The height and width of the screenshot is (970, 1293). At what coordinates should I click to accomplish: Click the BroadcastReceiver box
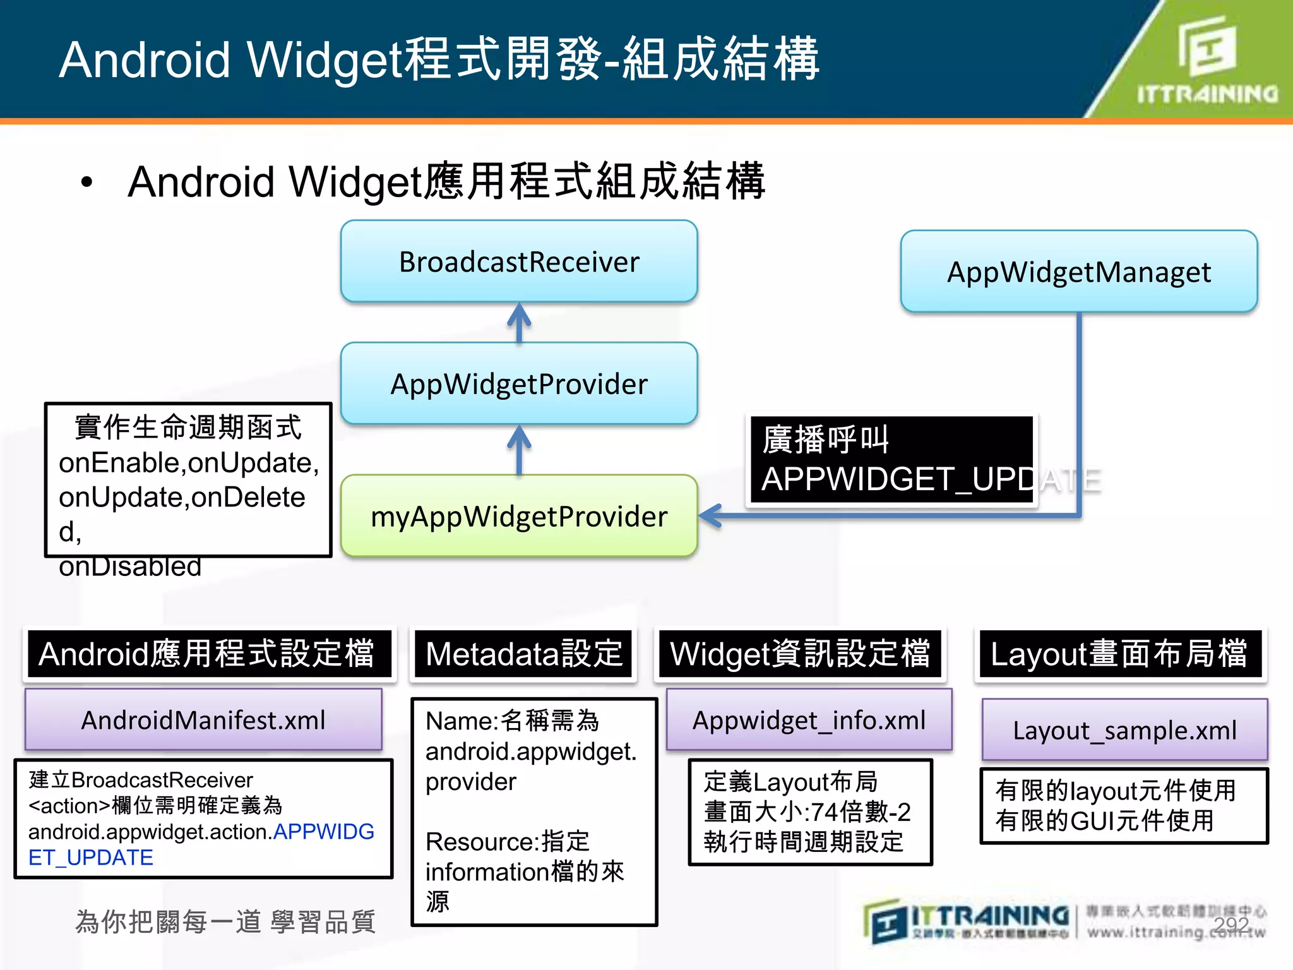[x=519, y=261]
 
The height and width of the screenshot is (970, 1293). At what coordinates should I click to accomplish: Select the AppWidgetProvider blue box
[x=519, y=384]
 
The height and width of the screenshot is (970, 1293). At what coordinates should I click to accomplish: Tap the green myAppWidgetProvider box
[x=519, y=517]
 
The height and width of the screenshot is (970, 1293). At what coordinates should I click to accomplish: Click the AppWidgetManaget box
[x=1078, y=272]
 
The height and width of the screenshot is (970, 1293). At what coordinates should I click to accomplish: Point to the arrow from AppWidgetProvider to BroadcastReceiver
[x=519, y=322]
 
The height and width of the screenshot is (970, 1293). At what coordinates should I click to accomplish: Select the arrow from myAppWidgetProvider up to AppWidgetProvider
[x=519, y=449]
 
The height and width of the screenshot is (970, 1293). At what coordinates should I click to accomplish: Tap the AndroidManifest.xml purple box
[x=203, y=720]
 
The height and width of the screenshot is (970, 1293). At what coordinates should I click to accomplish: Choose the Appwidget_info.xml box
[x=809, y=720]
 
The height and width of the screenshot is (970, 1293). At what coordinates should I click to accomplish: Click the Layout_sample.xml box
[x=1124, y=730]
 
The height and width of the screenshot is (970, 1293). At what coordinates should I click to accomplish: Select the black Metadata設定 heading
[x=523, y=654]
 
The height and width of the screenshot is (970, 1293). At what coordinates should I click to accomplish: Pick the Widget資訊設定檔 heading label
[x=800, y=654]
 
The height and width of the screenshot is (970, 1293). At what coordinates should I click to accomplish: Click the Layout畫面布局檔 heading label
[x=1119, y=654]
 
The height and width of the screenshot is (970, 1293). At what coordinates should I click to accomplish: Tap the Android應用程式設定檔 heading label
[x=208, y=654]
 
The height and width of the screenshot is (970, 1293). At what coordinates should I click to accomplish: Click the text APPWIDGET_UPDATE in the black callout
[x=897, y=479]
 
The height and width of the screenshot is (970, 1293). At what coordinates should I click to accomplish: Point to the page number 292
[x=1231, y=925]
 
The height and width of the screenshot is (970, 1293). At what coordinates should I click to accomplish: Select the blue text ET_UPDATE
[x=91, y=858]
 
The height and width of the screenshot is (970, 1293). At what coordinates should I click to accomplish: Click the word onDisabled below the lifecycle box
[x=130, y=566]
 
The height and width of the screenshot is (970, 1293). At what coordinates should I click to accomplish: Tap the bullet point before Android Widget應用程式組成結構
[x=86, y=183]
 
